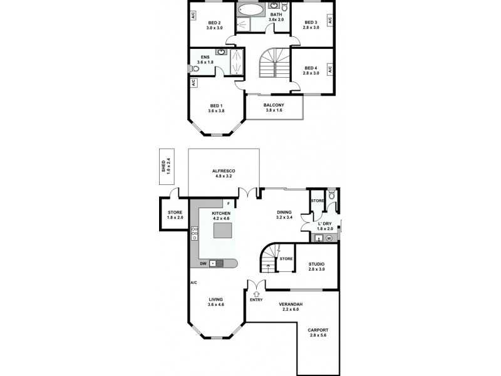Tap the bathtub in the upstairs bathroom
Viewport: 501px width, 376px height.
point(251,11)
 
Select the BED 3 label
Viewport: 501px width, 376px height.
point(311,23)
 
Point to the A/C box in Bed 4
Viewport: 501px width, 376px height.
point(329,68)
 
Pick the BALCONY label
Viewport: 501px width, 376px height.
point(274,105)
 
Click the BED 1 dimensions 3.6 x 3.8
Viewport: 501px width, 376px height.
point(216,111)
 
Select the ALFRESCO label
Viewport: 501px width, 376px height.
point(223,170)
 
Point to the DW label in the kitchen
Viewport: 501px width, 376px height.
point(203,263)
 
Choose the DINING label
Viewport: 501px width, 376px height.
point(284,212)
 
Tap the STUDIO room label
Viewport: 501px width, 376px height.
point(316,265)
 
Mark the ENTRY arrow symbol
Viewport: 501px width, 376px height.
point(256,292)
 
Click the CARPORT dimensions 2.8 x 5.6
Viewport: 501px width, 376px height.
point(318,335)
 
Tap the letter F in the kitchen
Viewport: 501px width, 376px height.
point(229,205)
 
